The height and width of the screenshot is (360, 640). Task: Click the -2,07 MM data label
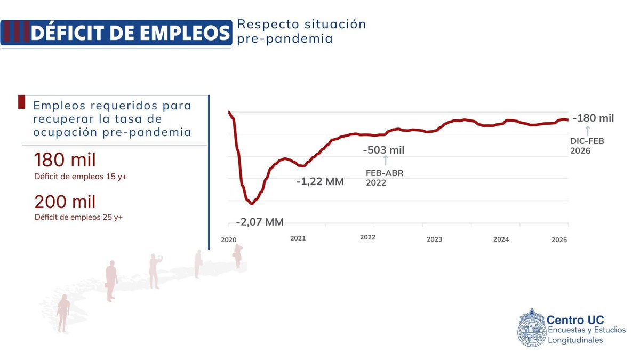pos(260,222)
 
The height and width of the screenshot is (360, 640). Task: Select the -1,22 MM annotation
pos(320,181)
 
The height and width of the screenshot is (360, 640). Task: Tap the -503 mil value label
pos(383,150)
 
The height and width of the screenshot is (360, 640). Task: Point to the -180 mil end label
pos(593,118)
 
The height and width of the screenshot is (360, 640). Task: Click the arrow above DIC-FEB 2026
pos(587,131)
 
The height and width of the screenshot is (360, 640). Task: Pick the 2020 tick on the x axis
pos(228,239)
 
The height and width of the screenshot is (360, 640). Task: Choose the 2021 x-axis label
pos(298,238)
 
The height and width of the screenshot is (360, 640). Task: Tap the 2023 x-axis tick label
pos(435,239)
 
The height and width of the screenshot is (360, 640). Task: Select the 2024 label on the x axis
pos(501,239)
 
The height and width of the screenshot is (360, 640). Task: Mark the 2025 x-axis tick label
pos(559,239)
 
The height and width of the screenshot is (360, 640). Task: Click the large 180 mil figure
pos(65,160)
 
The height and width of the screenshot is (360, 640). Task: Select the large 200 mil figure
pos(65,202)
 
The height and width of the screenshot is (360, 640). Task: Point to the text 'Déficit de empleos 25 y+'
pos(78,217)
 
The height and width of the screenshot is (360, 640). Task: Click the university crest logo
pos(531,327)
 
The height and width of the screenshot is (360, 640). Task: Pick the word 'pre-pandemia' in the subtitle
pos(285,38)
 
